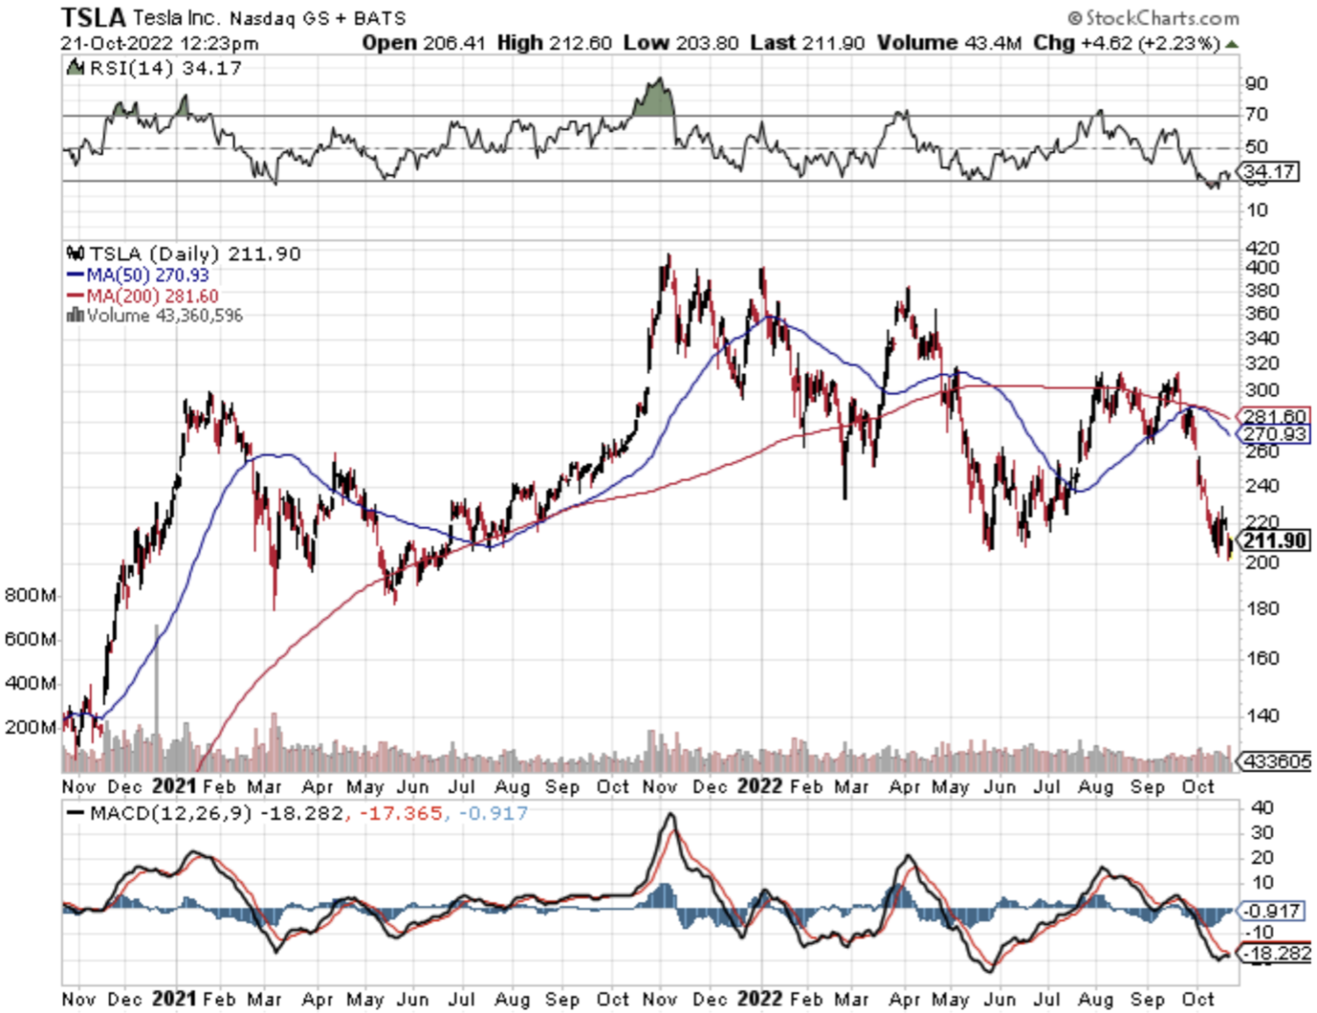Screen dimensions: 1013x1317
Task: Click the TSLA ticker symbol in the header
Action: point(93,17)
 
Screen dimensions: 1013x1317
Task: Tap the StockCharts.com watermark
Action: point(1153,18)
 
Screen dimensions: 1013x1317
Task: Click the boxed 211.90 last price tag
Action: point(1275,541)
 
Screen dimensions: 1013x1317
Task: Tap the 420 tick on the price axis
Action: point(1262,248)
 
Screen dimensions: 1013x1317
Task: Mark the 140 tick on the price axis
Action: point(1262,715)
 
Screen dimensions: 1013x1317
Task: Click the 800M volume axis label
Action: point(30,595)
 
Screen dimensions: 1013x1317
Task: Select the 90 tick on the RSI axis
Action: point(1256,84)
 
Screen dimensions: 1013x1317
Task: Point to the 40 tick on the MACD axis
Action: point(1261,808)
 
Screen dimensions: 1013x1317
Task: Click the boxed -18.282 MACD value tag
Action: point(1275,953)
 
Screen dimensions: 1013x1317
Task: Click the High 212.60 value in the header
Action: point(554,43)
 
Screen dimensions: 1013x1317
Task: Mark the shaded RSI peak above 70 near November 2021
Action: point(654,99)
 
